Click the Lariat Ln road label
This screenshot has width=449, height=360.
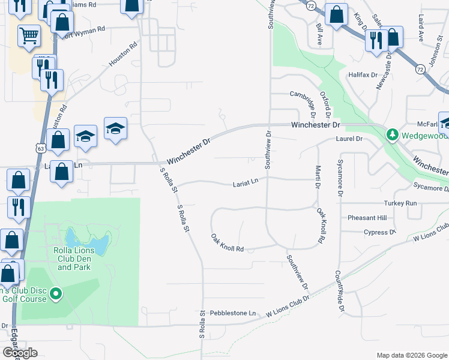coord(246,181)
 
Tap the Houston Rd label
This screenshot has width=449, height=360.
coord(123,55)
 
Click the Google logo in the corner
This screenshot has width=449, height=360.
coord(20,352)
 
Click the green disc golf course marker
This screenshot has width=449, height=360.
coord(56,293)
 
